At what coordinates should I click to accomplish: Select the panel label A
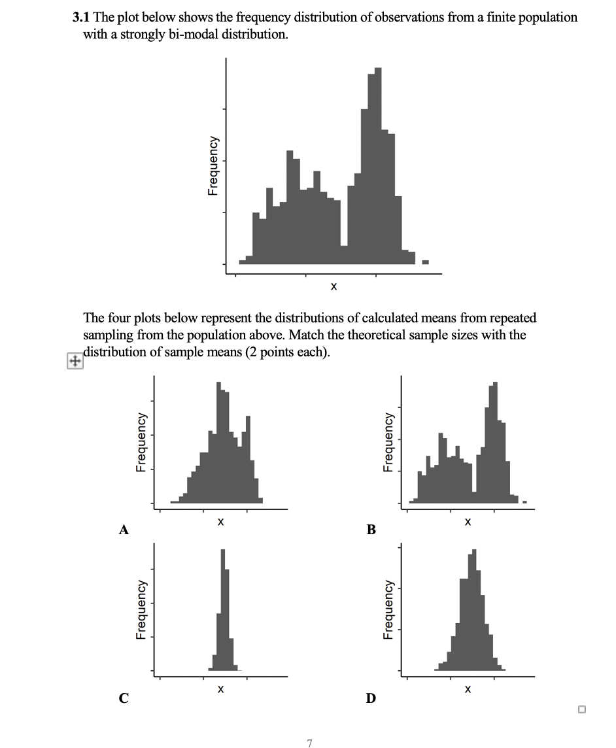coord(123,530)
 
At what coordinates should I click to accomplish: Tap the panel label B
coord(371,530)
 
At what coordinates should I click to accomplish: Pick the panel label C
coord(123,698)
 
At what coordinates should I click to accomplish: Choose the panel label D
coord(371,698)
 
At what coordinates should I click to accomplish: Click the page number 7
coord(309,743)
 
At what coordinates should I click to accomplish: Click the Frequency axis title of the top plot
coord(213,166)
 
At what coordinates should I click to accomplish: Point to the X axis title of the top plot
coord(334,286)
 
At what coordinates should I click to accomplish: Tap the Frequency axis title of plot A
coord(141,441)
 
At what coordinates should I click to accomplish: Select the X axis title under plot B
coord(467,522)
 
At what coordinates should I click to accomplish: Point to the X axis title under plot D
coord(467,689)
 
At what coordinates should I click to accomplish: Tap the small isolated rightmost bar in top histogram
coord(425,262)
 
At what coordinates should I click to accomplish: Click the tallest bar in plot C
coord(223,608)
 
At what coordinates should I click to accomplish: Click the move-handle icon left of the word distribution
coord(75,362)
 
